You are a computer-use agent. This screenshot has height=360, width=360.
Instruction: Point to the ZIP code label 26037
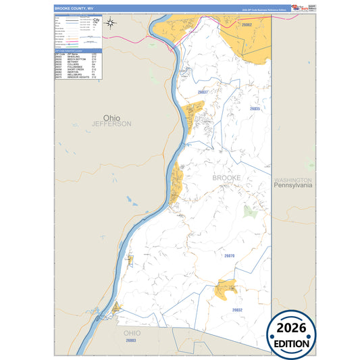coord(205,91)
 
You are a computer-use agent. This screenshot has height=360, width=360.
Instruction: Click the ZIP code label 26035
coord(255,108)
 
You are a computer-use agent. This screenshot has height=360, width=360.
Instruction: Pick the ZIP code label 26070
coord(229,256)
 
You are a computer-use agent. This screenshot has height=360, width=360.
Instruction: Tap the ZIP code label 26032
coord(236,310)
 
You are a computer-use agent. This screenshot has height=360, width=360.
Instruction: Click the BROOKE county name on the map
coord(226,178)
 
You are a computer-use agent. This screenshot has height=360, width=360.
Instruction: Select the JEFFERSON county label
coord(112,124)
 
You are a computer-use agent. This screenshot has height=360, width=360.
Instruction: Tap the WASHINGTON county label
coord(293,180)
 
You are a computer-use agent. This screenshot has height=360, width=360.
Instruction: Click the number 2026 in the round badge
coord(292,328)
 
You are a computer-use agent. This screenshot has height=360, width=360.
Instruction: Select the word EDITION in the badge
coord(292,343)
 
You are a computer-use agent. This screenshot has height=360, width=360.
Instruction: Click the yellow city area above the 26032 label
coord(226,289)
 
